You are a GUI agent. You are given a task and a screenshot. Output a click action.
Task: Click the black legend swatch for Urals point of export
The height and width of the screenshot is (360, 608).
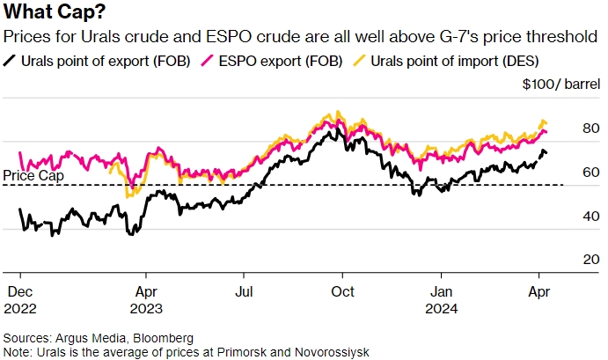pyautogui.click(x=11, y=62)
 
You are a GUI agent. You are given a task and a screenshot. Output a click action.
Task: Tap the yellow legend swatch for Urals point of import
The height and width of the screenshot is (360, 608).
pyautogui.click(x=357, y=62)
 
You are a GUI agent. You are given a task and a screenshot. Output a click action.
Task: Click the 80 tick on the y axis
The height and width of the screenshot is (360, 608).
pyautogui.click(x=568, y=129)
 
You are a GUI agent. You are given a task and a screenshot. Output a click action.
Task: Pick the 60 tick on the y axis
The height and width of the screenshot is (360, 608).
pyautogui.click(x=568, y=173)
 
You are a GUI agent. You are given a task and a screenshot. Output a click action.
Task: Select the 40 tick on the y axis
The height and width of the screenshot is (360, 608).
pyautogui.click(x=568, y=217)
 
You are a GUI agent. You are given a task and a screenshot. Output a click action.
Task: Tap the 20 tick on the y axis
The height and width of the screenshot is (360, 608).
pyautogui.click(x=568, y=261)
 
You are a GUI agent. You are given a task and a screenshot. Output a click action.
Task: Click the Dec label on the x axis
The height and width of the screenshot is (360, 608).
pyautogui.click(x=19, y=291)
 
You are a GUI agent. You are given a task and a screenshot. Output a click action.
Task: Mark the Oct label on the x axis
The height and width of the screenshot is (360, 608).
pyautogui.click(x=342, y=291)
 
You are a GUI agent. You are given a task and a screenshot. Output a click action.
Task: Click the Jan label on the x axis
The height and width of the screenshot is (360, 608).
pyautogui.click(x=441, y=291)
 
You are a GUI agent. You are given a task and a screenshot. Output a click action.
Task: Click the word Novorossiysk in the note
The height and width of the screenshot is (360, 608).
pyautogui.click(x=331, y=352)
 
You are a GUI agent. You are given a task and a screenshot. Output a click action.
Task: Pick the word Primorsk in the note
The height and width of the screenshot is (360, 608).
pyautogui.click(x=242, y=352)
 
